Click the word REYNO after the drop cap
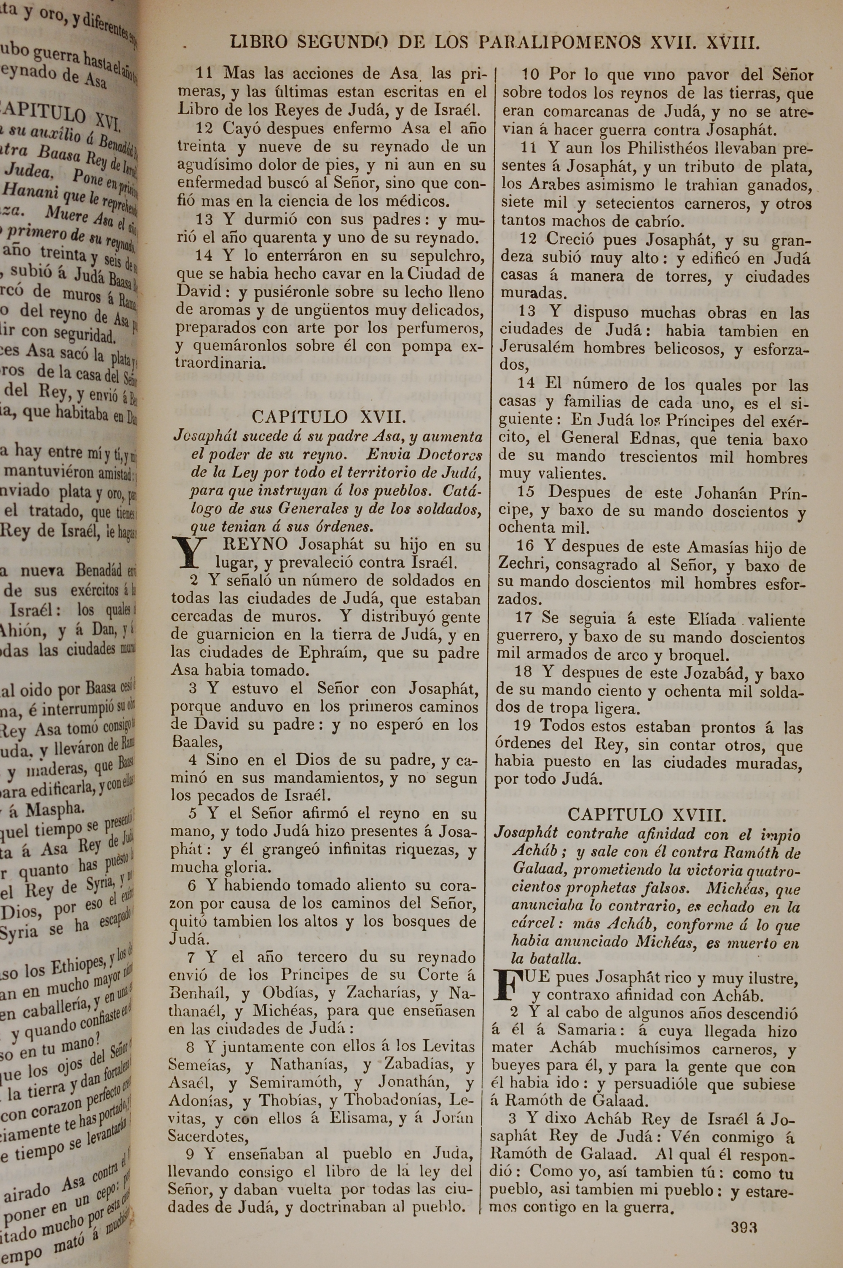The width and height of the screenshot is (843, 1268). coord(251,545)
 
